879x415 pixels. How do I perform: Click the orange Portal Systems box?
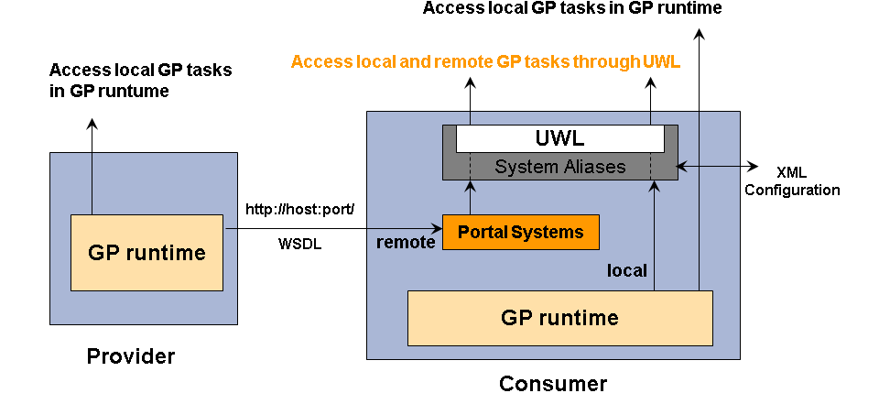coord(520,232)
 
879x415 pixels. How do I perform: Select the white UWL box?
coord(559,139)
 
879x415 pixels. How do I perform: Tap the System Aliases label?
coord(559,167)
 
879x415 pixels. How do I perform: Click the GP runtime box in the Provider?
coord(146,253)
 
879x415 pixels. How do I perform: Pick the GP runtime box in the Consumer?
coord(559,318)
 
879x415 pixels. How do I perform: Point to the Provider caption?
coord(131,355)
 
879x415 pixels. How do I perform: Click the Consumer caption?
coord(552,383)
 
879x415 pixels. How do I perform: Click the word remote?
coord(406,243)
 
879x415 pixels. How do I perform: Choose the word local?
coord(627,270)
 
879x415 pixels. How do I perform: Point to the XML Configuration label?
coord(792,181)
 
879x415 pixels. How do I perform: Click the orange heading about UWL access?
coord(485,62)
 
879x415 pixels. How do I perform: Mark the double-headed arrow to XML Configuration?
coord(718,167)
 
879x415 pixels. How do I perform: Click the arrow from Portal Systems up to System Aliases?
coord(471,196)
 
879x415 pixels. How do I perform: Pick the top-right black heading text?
coord(572,9)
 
